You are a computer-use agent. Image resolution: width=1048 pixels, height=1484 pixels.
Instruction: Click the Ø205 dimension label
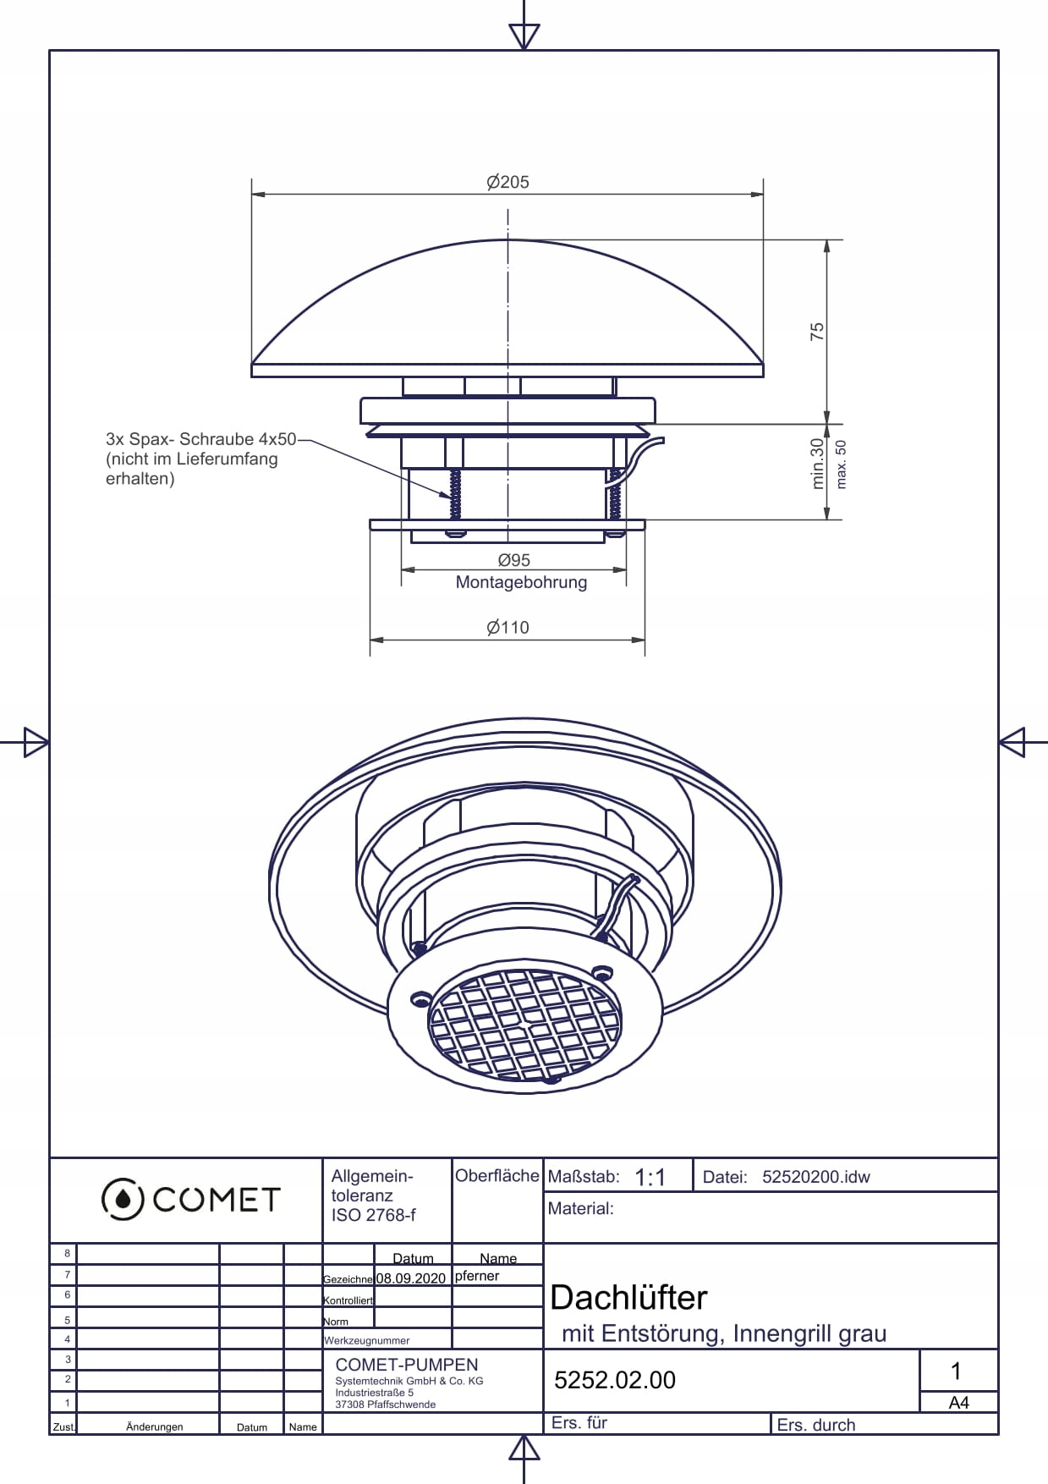tap(508, 182)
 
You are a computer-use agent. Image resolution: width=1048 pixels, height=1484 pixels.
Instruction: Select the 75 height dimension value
tap(817, 331)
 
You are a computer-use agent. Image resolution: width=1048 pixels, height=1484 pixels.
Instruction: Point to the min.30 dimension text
tap(817, 463)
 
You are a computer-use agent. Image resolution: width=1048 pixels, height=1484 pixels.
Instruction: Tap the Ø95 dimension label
tap(513, 560)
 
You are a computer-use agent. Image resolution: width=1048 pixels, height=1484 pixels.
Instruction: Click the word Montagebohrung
tap(521, 582)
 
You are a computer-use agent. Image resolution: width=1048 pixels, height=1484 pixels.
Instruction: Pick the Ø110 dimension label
tap(508, 627)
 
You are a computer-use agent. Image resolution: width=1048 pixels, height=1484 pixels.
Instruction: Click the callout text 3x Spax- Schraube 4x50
tap(200, 439)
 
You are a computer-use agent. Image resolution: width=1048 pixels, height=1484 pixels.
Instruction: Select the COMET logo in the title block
tap(190, 1199)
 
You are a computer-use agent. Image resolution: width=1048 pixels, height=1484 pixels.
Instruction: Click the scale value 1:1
tap(650, 1177)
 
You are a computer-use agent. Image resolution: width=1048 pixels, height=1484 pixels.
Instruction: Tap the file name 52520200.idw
tap(815, 1177)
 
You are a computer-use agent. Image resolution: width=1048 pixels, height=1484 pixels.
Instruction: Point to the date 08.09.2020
tap(410, 1278)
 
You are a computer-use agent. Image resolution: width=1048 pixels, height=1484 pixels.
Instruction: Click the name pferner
tap(477, 1276)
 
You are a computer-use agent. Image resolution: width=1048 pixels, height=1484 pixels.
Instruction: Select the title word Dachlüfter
tap(628, 1297)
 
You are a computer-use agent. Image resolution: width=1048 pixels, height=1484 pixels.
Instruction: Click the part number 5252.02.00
tap(614, 1380)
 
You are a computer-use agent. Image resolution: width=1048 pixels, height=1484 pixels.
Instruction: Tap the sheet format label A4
tap(958, 1403)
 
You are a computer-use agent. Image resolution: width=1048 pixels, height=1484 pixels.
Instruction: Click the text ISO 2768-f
tap(373, 1215)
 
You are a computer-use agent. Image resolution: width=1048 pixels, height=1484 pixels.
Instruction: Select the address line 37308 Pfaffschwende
tap(385, 1404)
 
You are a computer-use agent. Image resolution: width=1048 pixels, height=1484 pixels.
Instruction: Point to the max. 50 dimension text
tap(841, 464)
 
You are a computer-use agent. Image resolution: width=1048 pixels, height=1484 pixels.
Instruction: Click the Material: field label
tap(580, 1208)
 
